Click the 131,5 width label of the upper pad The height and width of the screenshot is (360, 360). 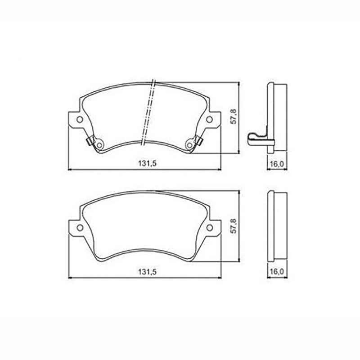pyautogui.click(x=148, y=164)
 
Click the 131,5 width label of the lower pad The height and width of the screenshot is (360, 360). pyautogui.click(x=148, y=272)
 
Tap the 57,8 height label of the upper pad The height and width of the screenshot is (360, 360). pyautogui.click(x=234, y=117)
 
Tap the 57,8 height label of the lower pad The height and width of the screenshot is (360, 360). pyautogui.click(x=234, y=226)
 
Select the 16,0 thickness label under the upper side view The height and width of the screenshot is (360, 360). pyautogui.click(x=277, y=164)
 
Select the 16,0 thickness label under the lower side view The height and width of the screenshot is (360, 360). pyautogui.click(x=277, y=272)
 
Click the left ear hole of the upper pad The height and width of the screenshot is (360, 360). pyautogui.click(x=80, y=119)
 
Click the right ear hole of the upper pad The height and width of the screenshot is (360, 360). pyautogui.click(x=209, y=119)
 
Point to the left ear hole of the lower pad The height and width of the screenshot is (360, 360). pyautogui.click(x=80, y=228)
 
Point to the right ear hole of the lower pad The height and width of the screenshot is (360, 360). pyautogui.click(x=209, y=228)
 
